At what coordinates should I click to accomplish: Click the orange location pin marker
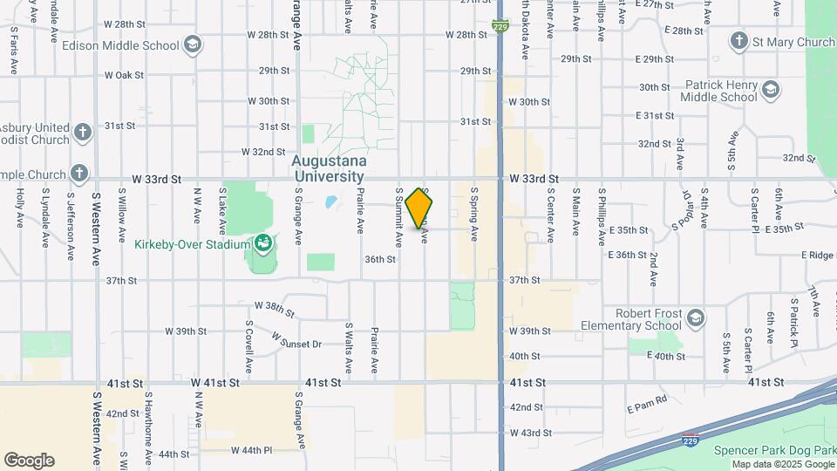[419, 208]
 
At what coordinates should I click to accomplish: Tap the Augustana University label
[328, 168]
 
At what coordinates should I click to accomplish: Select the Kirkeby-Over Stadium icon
[262, 244]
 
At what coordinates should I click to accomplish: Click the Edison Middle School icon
[193, 44]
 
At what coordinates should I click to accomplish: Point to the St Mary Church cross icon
[739, 41]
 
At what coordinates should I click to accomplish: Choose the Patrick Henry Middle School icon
[770, 90]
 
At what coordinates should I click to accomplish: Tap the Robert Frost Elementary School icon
[695, 317]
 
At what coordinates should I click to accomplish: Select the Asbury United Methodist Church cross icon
[82, 133]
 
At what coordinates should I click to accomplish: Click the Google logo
[29, 461]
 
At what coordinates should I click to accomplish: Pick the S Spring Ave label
[474, 214]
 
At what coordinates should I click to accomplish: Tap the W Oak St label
[124, 75]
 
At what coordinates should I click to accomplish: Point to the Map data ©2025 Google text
[782, 464]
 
